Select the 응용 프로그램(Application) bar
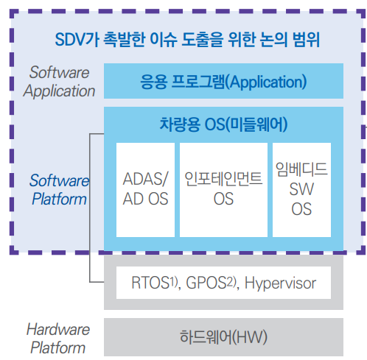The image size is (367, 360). (223, 81)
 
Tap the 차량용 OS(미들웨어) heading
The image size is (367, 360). (223, 124)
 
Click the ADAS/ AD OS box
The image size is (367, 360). (146, 189)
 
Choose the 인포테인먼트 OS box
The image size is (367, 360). (223, 189)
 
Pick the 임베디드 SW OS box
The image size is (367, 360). (301, 189)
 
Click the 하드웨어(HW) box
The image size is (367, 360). (223, 337)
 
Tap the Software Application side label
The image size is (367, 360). (60, 82)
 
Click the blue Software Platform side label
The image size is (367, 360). (59, 189)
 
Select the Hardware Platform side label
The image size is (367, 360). (58, 338)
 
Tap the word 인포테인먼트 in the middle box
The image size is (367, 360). (223, 179)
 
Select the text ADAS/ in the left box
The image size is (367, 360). (146, 179)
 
